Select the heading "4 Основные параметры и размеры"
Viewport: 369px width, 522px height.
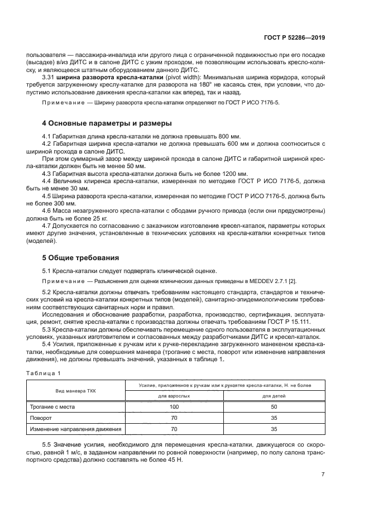[x=107, y=123]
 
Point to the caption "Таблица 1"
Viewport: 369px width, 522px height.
[x=41, y=372]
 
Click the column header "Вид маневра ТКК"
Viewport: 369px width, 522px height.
[x=75, y=391]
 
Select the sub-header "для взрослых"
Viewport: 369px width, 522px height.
[x=174, y=396]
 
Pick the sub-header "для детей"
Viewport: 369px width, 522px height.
[x=274, y=396]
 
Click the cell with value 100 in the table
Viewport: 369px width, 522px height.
[x=174, y=407]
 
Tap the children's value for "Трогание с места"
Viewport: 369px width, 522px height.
[x=274, y=407]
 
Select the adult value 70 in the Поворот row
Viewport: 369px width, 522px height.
[x=174, y=418]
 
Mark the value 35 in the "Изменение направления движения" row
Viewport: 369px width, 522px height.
[x=274, y=429]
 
